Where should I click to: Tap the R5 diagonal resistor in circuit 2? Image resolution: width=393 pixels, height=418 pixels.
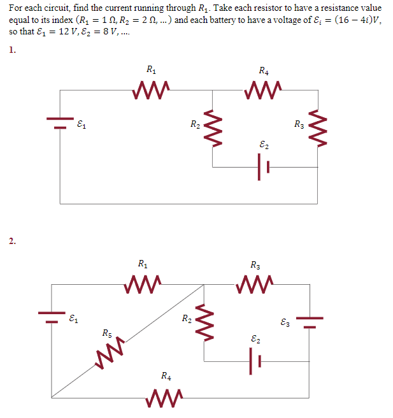click(x=110, y=354)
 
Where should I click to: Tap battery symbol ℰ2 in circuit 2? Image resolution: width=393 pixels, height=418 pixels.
click(x=255, y=363)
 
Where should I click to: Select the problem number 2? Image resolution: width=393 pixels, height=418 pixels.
click(x=13, y=240)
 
